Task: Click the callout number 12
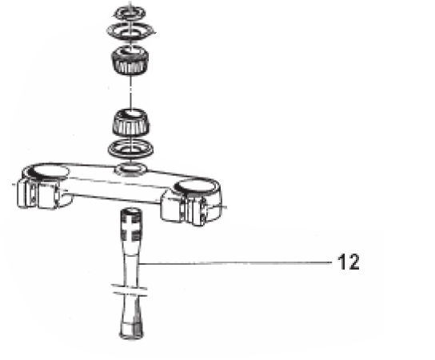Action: point(349,262)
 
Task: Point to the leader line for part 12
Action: point(236,263)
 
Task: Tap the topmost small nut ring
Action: point(130,13)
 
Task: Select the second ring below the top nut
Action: point(130,30)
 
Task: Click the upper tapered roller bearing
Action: point(130,60)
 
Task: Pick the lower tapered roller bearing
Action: point(131,122)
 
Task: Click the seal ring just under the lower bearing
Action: point(130,149)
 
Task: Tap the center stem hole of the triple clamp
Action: point(130,169)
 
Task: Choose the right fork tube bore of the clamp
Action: point(196,186)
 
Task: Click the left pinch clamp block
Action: point(38,194)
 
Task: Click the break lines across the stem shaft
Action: point(129,290)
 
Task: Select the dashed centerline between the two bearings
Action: point(130,91)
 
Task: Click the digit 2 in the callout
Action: point(353,262)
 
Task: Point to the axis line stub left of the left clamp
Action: point(14,184)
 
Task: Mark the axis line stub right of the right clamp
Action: point(221,206)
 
